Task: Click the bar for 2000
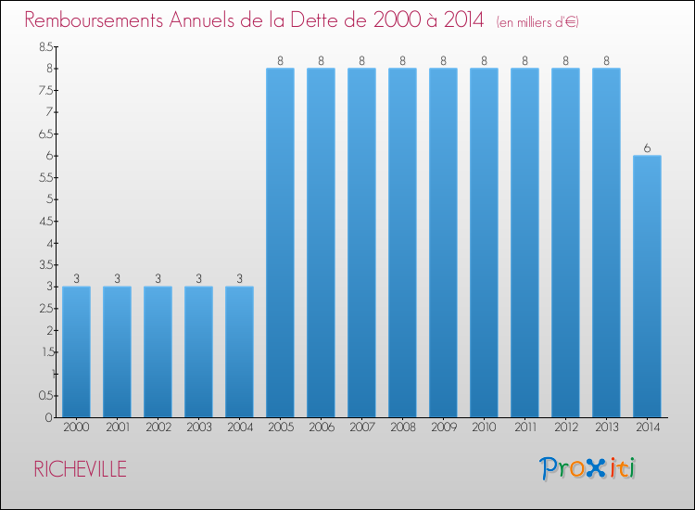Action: [x=76, y=351]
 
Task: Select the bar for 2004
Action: [x=239, y=351]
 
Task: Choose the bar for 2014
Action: [x=647, y=287]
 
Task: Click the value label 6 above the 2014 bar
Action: [x=647, y=148]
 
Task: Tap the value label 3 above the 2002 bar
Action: [x=158, y=279]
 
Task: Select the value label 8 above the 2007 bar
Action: [x=361, y=61]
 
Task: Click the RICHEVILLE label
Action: [x=81, y=469]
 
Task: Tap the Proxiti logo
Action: [x=588, y=468]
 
